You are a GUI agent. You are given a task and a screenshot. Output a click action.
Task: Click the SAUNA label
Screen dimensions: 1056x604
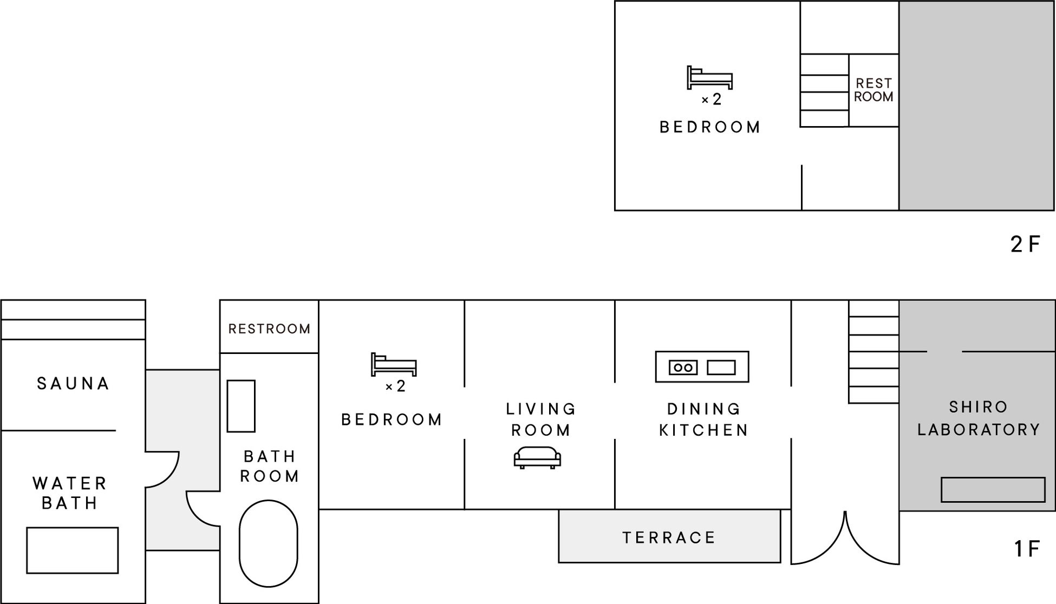coord(73,384)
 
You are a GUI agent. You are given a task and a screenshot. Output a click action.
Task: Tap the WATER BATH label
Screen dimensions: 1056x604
coord(70,493)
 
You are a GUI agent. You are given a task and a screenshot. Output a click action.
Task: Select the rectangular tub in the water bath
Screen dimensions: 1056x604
coord(73,550)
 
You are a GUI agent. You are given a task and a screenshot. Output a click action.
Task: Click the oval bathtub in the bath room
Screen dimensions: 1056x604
coord(269,543)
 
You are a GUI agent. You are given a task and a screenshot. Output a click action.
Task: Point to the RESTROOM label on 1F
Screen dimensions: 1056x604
coord(269,329)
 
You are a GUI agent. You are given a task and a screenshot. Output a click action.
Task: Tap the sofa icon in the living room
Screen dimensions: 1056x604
coord(537,458)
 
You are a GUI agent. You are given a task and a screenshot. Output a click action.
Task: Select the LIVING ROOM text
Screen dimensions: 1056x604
coord(541,419)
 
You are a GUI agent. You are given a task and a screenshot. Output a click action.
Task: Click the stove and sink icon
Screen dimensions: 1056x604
coord(702,367)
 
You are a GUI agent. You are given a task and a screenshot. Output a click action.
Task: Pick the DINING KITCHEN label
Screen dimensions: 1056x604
coord(704,419)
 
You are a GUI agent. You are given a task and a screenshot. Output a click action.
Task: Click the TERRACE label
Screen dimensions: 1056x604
coord(669,537)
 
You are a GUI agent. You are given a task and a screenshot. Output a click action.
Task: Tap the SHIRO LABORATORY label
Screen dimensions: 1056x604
coord(979,418)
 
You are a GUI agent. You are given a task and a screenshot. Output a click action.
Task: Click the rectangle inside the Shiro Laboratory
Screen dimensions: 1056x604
coord(993,489)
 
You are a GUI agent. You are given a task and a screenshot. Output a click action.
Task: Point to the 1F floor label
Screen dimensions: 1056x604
coord(1027,549)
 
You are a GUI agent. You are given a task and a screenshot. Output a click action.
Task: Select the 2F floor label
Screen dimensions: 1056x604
coord(1025,244)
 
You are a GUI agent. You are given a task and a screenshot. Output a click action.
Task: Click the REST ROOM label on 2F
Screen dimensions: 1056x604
coord(874,90)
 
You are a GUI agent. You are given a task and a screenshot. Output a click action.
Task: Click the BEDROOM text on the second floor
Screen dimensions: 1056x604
coord(710,127)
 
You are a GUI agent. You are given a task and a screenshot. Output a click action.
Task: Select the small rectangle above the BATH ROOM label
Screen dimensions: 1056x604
coord(241,406)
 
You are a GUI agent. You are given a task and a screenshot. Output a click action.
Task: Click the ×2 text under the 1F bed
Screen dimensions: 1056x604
coord(395,386)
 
